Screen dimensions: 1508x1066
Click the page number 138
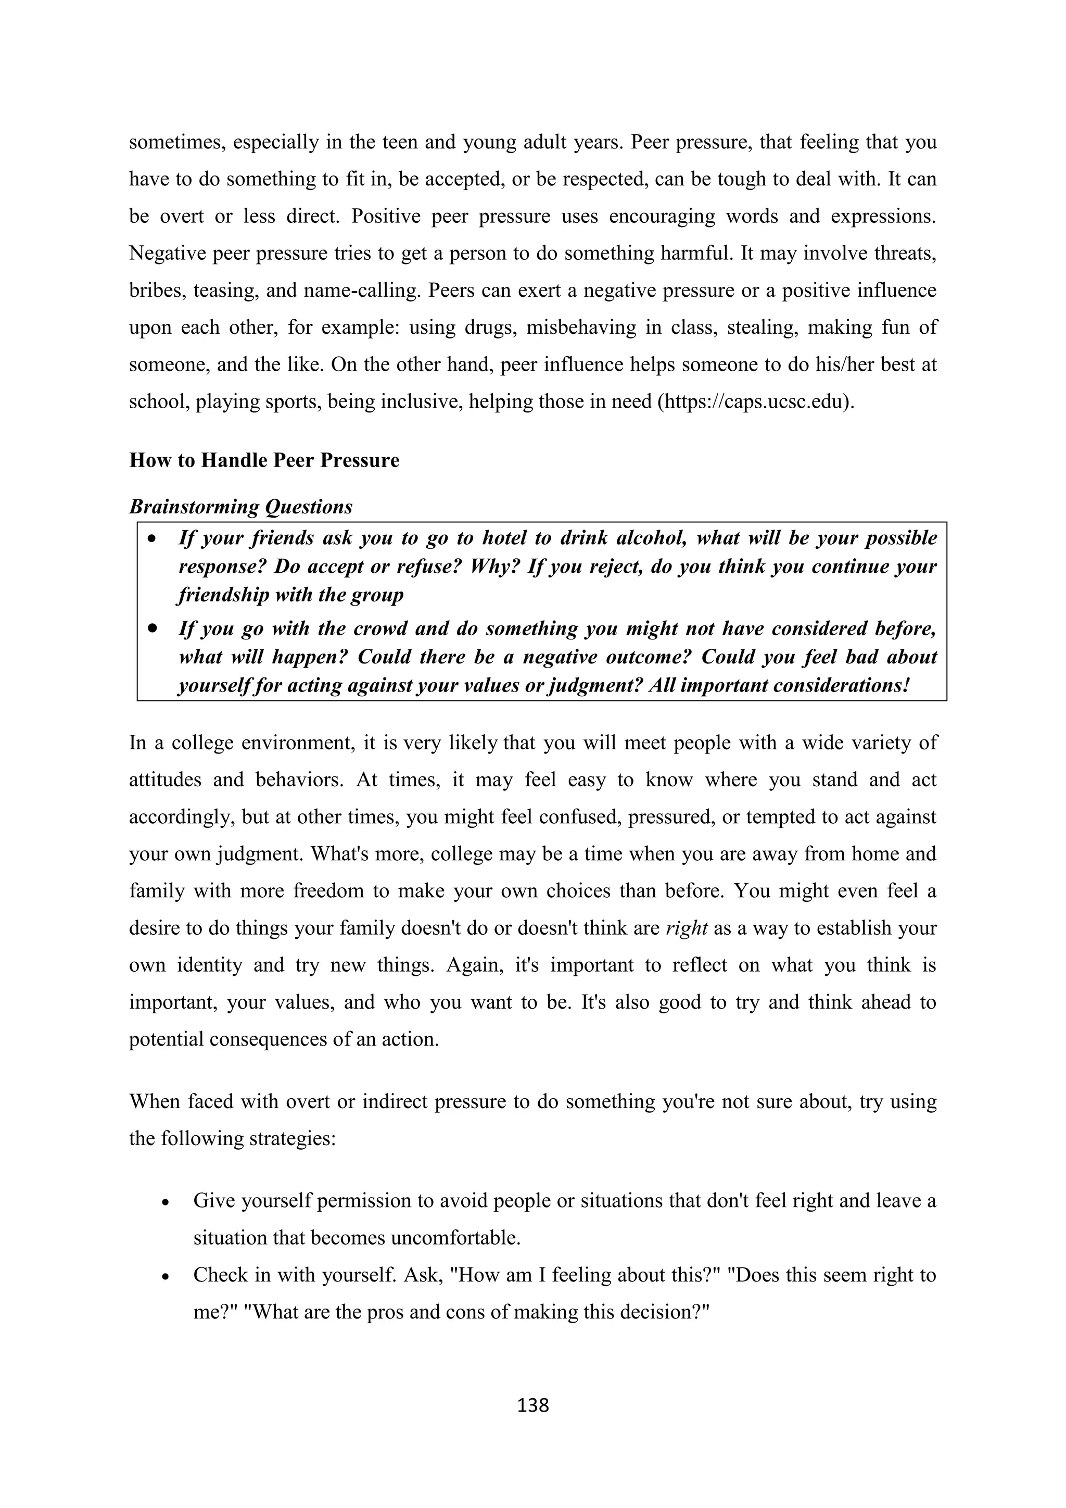532,1405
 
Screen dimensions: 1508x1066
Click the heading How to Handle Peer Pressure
264,460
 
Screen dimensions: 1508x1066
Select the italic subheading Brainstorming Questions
240,507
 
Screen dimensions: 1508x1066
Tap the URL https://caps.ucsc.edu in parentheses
755,401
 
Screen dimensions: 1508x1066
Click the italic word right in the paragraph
686,928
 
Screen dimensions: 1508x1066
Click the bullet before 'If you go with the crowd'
153,629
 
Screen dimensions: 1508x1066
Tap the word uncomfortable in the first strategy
455,1238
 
